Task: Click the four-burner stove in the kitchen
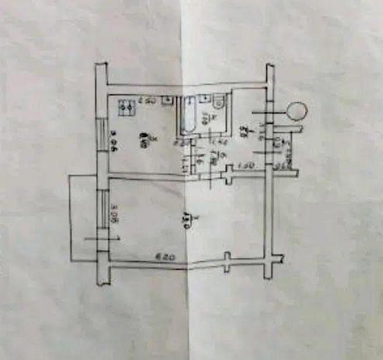point(126,107)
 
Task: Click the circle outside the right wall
point(298,110)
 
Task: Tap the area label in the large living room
point(187,221)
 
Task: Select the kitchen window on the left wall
point(103,134)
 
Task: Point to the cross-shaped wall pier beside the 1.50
point(228,172)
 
